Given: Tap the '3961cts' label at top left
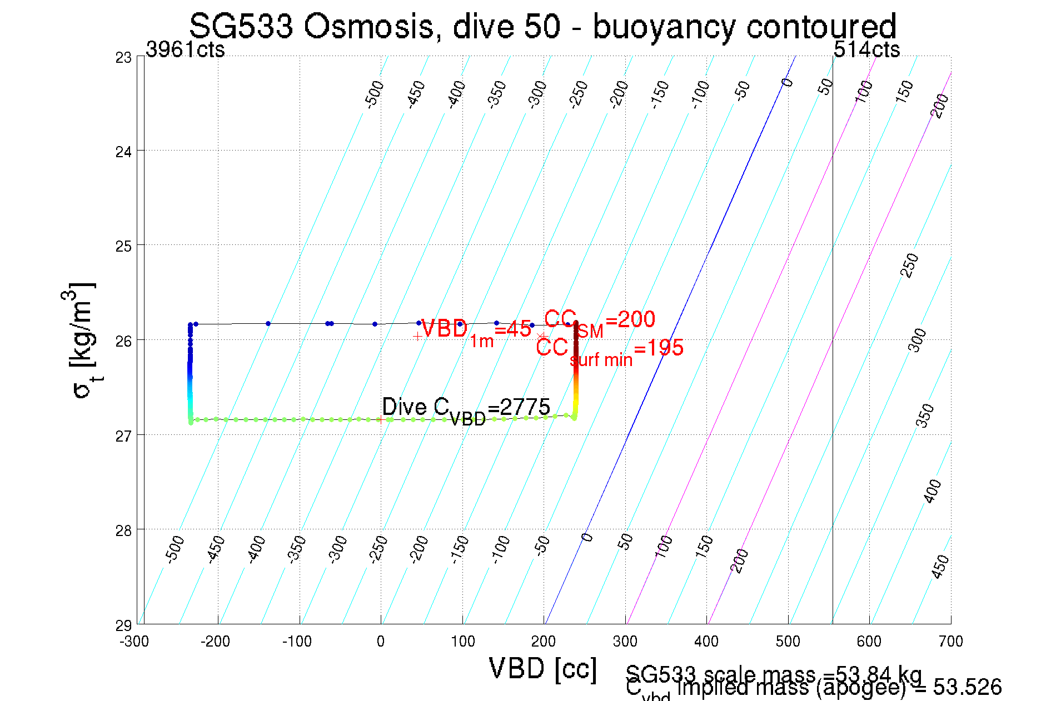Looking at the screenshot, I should pos(185,50).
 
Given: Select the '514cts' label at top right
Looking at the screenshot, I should pos(866,50).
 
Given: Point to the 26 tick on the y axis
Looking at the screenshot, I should pos(123,341).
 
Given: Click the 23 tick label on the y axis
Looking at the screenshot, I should pos(123,58).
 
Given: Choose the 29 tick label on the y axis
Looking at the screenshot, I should pos(123,625).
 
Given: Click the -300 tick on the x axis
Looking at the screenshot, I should pos(135,642).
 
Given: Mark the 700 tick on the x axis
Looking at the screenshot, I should pos(950,642).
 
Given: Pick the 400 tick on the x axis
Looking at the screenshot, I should pos(706,642).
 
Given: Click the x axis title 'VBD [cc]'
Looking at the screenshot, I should pos(542,668).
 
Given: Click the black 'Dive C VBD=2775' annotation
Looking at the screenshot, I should pos(466,409).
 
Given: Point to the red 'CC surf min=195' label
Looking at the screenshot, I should pos(609,350).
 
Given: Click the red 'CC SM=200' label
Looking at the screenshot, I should pos(599,322).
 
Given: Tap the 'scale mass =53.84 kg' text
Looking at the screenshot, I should pos(773,674).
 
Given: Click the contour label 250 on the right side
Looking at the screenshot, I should pos(909,266).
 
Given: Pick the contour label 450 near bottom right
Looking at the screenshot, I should pos(940,567).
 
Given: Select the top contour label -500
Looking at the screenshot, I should pos(374,93).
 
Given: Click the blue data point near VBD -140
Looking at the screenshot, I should pos(268,323).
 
